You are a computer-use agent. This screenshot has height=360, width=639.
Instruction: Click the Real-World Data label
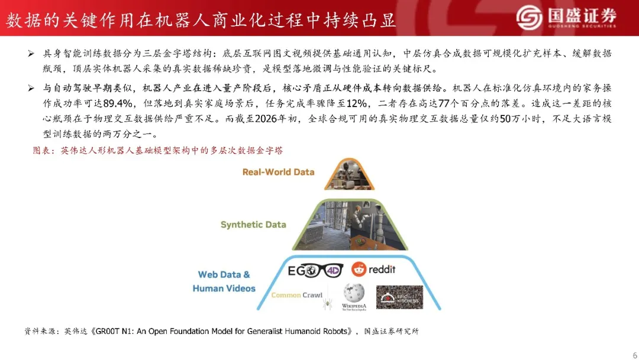(278, 172)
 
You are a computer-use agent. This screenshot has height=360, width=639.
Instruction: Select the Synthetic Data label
(253, 224)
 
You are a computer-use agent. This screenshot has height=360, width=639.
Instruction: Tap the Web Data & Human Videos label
(224, 281)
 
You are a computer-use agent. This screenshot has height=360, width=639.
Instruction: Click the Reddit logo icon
(359, 269)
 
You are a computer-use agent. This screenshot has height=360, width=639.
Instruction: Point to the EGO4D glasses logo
(315, 271)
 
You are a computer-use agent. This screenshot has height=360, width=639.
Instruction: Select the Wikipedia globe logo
(354, 293)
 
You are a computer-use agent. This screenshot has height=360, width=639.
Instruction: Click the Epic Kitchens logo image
(399, 297)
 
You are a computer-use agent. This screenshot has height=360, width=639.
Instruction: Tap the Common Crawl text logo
(296, 295)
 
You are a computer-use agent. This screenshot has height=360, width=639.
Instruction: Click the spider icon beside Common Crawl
(327, 304)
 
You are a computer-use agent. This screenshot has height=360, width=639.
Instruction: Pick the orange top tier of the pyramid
(349, 175)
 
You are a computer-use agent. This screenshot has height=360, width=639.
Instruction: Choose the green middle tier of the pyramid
(350, 224)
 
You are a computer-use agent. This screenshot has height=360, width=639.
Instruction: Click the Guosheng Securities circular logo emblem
(529, 17)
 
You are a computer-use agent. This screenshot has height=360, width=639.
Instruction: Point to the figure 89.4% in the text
(118, 104)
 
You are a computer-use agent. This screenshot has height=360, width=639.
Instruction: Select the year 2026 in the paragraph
(266, 119)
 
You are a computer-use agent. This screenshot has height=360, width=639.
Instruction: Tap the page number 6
(634, 355)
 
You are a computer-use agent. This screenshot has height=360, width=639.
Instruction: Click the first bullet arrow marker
(31, 53)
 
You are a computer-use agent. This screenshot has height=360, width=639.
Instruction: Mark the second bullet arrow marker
(31, 88)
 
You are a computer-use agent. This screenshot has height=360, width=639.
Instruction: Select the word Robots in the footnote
(334, 332)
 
